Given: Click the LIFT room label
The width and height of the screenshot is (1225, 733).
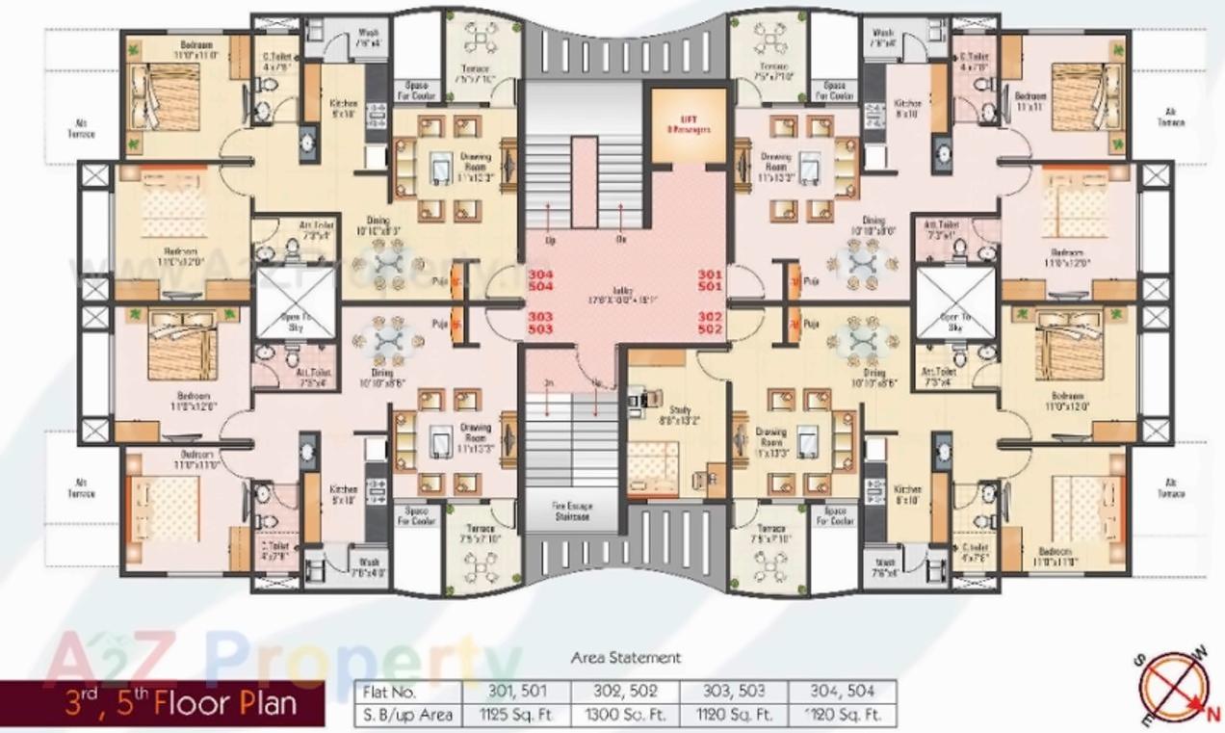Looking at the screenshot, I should [688, 123].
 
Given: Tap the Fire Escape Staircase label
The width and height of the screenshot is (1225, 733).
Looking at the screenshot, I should [571, 510].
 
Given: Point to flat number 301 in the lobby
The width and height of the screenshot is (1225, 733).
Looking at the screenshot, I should [710, 274].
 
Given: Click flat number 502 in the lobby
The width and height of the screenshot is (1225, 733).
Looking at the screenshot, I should [710, 329].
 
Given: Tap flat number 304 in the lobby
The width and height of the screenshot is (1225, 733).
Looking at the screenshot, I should [541, 274].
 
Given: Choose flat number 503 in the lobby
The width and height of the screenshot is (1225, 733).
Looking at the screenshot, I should [541, 329].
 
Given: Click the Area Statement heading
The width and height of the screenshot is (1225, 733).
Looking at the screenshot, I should [625, 658].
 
